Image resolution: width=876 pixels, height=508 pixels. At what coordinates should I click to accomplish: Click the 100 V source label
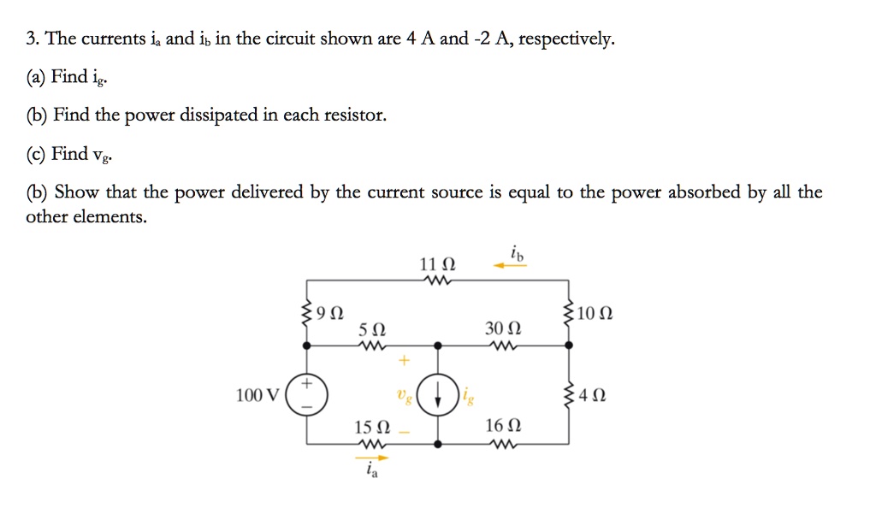click(257, 395)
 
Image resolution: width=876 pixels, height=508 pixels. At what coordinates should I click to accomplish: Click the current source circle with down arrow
click(439, 395)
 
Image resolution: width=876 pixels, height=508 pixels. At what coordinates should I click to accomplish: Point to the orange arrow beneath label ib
click(511, 266)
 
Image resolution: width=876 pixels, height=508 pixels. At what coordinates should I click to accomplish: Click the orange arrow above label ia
click(371, 458)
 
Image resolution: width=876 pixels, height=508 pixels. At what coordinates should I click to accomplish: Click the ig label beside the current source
click(467, 395)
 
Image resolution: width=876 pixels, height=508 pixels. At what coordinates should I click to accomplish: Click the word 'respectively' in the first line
click(566, 39)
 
